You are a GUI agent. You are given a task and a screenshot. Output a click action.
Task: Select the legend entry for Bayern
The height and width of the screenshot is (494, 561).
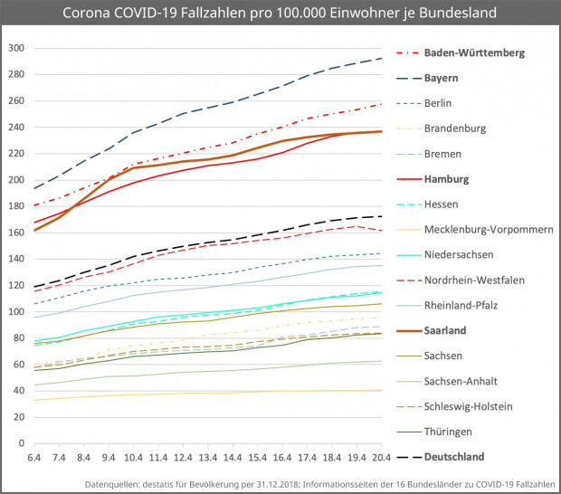pyautogui.click(x=466, y=79)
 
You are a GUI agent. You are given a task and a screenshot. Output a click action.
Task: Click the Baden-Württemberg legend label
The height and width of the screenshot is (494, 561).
pyautogui.click(x=487, y=53)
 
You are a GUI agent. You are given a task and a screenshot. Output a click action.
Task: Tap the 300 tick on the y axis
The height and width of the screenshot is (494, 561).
pyautogui.click(x=15, y=48)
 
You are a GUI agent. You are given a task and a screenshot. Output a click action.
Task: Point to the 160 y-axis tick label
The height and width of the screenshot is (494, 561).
pyautogui.click(x=15, y=233)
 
